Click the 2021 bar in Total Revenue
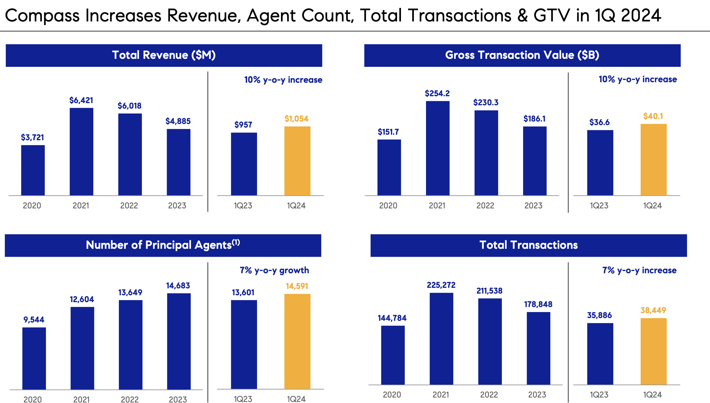pos(81,152)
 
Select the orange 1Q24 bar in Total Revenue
pos(297,161)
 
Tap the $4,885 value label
pos(178,121)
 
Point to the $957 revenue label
pos(243,125)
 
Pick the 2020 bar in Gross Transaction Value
pos(389,167)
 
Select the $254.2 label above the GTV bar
pos(437,93)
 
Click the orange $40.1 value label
pos(653,116)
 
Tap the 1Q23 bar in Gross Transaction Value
pos(600,163)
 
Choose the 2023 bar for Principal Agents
pos(179,341)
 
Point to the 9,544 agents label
pos(34,320)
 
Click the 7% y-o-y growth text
pos(274,270)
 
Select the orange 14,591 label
pos(297,286)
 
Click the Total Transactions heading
pos(528,245)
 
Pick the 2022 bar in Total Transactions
pos(490,341)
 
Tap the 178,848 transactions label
pos(538,305)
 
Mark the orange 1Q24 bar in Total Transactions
pos(653,351)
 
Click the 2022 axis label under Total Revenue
pos(129,206)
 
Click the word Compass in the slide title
pos(42,15)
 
